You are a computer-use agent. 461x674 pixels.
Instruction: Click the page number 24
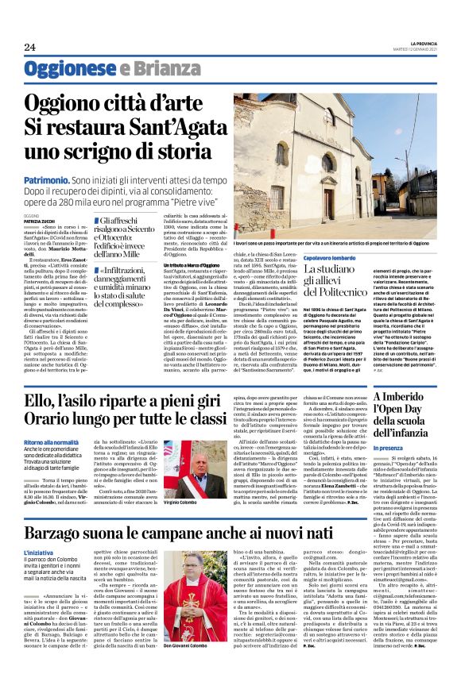tap(29, 45)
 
